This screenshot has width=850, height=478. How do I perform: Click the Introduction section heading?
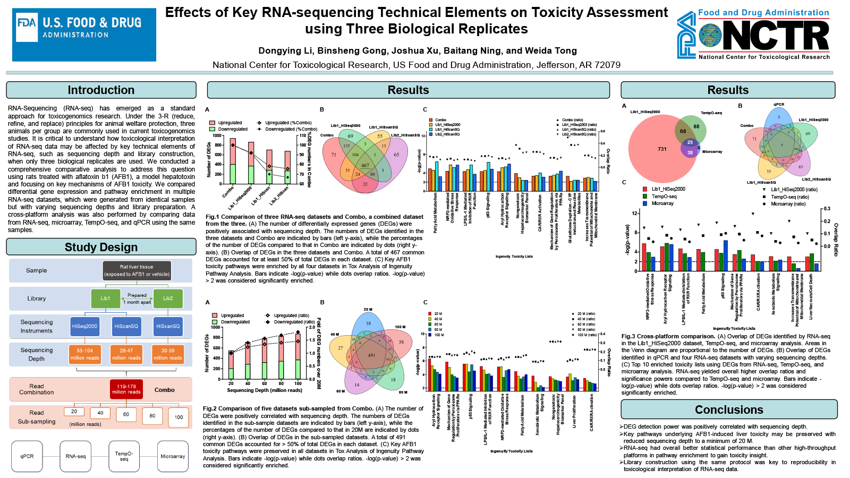click(x=101, y=90)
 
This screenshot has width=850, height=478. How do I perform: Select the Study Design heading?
click(x=101, y=247)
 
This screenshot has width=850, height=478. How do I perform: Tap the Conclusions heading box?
click(x=729, y=409)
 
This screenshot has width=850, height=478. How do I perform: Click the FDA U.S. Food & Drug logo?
click(x=84, y=35)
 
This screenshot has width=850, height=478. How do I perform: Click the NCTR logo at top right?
click(x=753, y=35)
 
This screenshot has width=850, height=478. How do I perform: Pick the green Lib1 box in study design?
click(x=105, y=298)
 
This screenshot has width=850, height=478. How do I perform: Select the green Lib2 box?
click(x=168, y=298)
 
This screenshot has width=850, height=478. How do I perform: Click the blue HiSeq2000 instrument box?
click(x=84, y=326)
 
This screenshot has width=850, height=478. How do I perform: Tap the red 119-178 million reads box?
click(x=126, y=389)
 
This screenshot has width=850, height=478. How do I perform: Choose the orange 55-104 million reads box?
click(x=84, y=354)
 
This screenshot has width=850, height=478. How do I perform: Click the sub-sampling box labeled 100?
click(x=178, y=417)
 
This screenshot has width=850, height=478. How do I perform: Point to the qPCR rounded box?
click(x=27, y=456)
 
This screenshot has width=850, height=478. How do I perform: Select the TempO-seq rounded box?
click(x=124, y=456)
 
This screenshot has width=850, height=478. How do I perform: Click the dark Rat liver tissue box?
click(x=137, y=270)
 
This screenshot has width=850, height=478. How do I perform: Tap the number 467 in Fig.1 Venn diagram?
click(x=365, y=166)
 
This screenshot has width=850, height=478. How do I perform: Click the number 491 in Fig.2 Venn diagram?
click(x=371, y=355)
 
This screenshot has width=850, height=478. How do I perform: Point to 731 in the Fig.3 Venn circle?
click(x=662, y=149)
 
